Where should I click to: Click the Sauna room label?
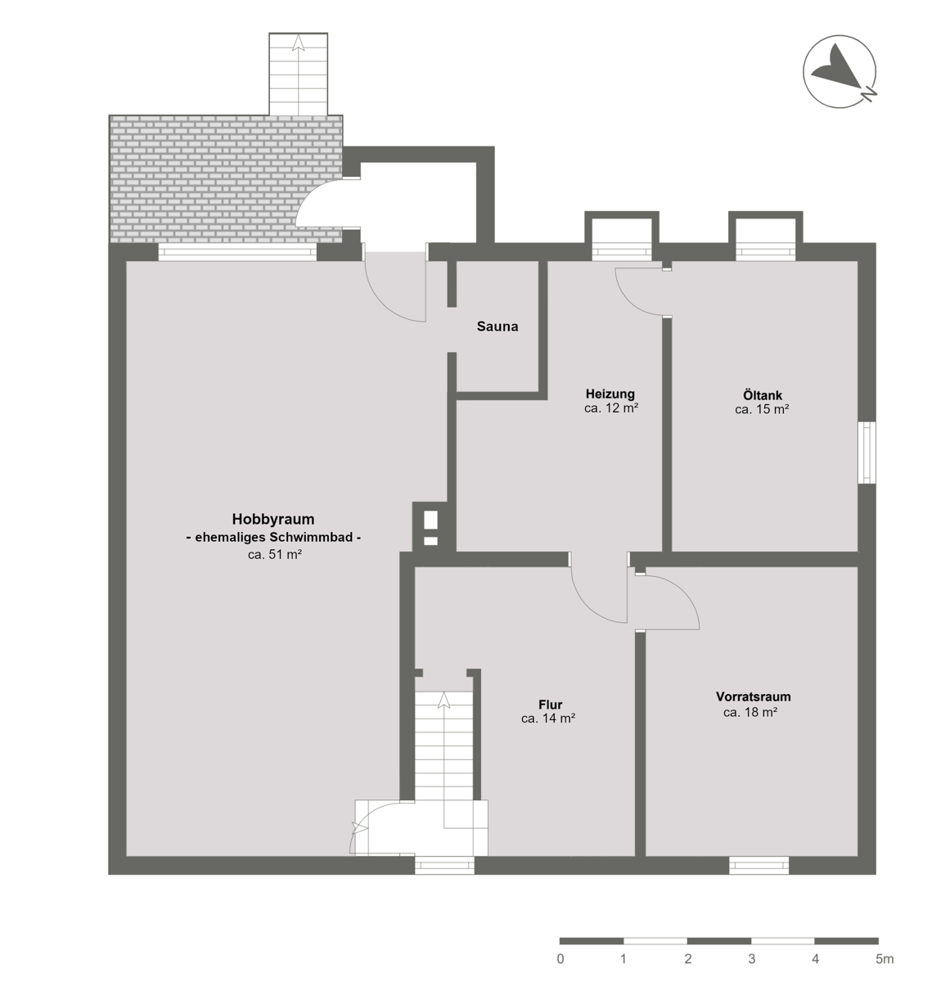click(x=497, y=327)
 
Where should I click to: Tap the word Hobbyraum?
click(x=273, y=520)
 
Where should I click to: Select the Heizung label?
click(x=610, y=394)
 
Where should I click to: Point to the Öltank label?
click(x=762, y=395)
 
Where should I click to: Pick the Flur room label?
click(x=551, y=705)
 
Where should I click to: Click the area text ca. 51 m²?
click(x=275, y=555)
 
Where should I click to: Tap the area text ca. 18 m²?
click(x=750, y=712)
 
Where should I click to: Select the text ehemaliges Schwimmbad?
click(x=273, y=538)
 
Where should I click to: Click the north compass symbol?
click(x=840, y=71)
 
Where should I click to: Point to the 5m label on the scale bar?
click(x=885, y=959)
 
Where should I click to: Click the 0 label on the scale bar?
click(x=561, y=959)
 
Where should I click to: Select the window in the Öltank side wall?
click(x=867, y=453)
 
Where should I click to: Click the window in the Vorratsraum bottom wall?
click(x=759, y=866)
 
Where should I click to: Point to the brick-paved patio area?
click(x=226, y=179)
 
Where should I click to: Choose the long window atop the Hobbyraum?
click(x=238, y=252)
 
